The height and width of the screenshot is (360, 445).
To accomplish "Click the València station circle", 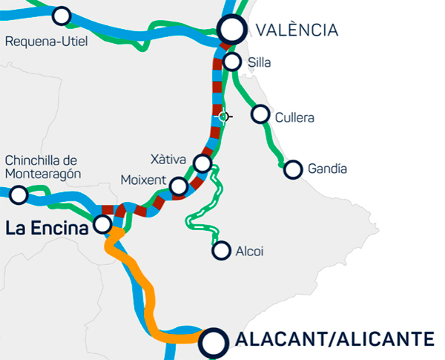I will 232,30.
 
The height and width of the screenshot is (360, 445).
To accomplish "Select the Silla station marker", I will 232,62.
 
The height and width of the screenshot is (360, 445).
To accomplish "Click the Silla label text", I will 261,63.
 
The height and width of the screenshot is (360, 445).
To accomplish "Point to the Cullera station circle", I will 260,114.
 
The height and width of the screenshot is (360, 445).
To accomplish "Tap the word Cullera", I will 294,117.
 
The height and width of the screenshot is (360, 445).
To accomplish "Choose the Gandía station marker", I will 294,169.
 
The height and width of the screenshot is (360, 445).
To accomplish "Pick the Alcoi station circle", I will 221,251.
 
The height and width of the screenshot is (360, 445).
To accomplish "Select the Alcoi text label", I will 251,252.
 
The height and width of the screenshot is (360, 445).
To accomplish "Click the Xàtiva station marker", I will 202,163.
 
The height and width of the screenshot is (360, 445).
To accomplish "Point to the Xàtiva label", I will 167,159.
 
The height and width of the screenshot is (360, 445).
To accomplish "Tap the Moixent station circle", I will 178,186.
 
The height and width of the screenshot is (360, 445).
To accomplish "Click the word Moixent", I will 142,181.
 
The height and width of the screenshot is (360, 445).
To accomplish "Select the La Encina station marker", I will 104,223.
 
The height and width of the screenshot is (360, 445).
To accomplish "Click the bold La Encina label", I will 46,229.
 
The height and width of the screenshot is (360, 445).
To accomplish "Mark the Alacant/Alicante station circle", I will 214,342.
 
